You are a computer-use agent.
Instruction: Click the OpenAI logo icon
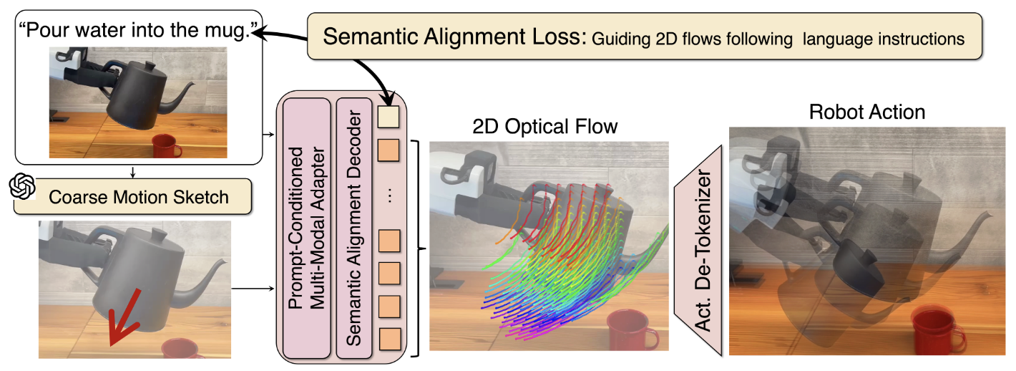[21, 188]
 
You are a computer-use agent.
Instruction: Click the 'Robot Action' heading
[867, 112]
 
